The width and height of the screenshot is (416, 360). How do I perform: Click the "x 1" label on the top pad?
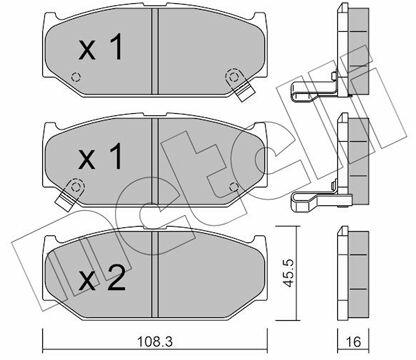(101, 48)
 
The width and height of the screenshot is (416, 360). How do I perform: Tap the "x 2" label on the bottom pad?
(102, 278)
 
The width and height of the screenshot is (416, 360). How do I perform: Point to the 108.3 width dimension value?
(155, 341)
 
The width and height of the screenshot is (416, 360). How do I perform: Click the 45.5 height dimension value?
(288, 273)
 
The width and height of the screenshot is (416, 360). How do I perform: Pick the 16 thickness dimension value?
(353, 342)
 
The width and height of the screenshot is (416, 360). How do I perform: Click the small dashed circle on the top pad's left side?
(76, 77)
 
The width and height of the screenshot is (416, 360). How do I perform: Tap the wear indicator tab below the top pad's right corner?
(244, 89)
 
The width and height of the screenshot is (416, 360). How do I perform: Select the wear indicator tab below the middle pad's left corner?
(65, 198)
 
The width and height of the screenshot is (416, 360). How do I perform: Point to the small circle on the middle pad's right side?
(234, 187)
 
